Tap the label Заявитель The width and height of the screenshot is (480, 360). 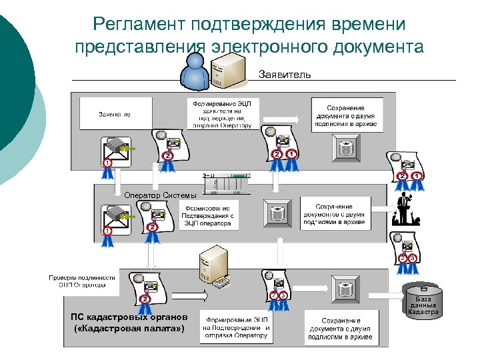(x=285, y=75)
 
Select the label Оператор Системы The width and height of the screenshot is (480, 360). (x=161, y=195)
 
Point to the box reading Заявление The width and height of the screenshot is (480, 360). (x=115, y=114)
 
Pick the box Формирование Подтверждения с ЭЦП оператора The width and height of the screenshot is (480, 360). (x=209, y=216)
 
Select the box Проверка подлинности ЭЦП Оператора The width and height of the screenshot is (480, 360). (x=82, y=281)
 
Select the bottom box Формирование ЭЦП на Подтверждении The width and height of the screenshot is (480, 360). (x=237, y=327)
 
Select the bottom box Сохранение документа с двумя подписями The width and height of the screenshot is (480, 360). (x=339, y=329)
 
